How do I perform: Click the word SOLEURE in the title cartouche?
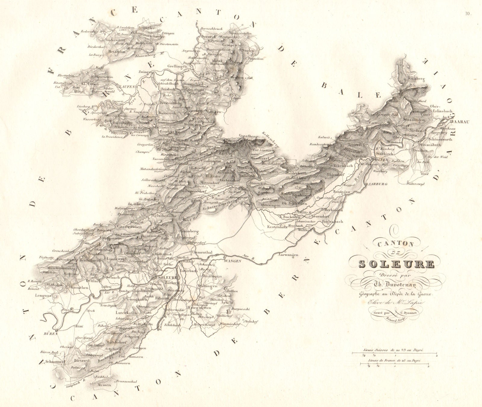(x=396, y=264)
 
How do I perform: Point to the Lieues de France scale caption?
(x=395, y=360)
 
